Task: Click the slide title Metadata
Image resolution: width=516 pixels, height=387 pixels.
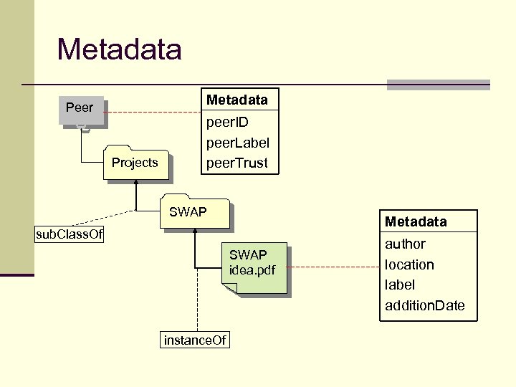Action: coord(119,49)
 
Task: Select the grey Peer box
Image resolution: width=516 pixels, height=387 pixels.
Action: coord(80,109)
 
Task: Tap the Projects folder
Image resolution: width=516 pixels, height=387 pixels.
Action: coord(135,163)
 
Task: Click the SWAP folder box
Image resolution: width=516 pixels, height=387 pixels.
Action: coord(194,213)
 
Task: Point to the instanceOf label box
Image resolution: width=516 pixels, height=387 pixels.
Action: coord(195,340)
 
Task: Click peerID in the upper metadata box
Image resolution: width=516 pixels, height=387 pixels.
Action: coord(227,122)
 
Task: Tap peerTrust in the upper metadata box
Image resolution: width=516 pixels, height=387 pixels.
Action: coord(236,163)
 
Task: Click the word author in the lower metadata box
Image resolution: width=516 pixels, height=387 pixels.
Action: coord(405,244)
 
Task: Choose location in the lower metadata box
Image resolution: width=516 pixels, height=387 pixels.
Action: coord(409,264)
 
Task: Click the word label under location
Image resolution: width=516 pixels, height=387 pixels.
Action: coord(400,285)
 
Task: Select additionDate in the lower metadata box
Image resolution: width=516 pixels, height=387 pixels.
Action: coord(425,305)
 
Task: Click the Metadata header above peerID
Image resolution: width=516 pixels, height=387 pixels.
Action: coord(236,100)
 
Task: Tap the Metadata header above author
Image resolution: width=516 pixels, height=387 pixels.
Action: coord(416,221)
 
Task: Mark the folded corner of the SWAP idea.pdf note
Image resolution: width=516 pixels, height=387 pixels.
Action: coord(229,288)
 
